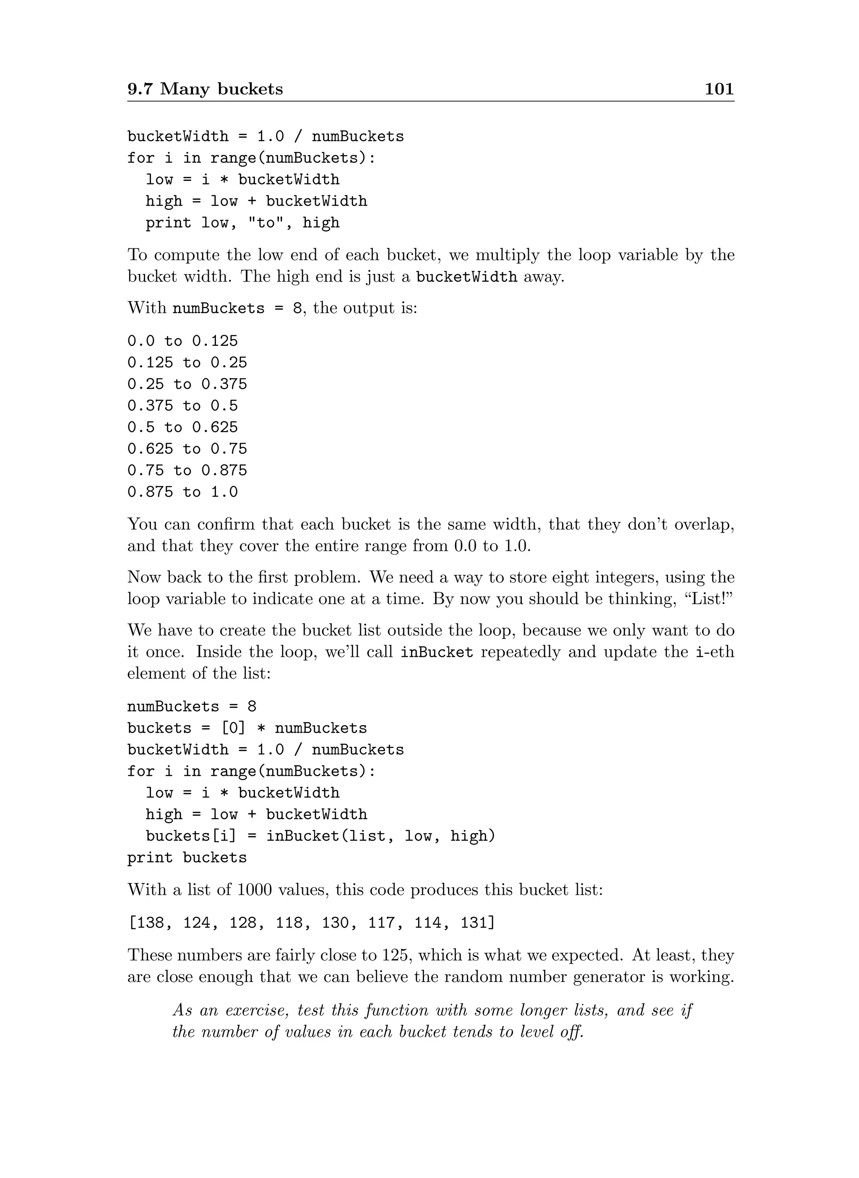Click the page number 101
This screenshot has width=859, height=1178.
click(718, 89)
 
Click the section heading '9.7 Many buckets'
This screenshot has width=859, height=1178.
click(206, 89)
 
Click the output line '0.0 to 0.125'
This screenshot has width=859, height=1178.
click(182, 341)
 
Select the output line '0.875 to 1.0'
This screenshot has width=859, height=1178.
click(182, 492)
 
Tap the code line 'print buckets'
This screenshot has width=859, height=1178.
click(187, 857)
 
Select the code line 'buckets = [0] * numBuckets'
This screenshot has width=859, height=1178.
click(247, 728)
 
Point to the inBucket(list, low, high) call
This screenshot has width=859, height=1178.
click(380, 836)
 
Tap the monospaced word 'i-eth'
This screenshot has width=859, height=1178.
click(715, 652)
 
